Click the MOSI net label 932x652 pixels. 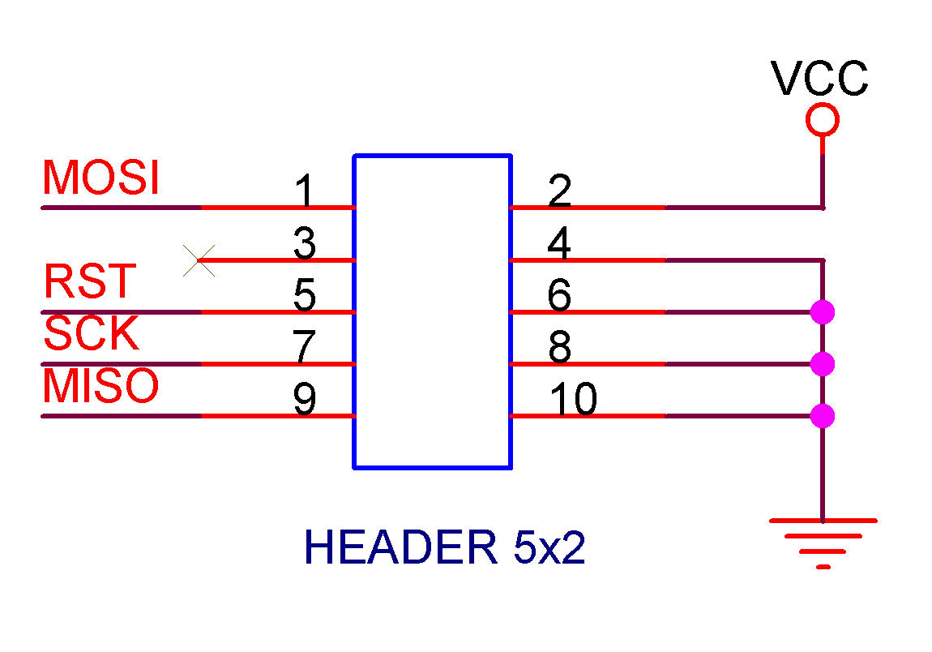pos(100,178)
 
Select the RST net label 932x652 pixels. pos(89,282)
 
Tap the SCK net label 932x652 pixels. pos(91,333)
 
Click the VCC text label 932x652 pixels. pos(819,79)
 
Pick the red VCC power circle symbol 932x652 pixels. pos(823,121)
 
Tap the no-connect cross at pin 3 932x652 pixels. pos(199,260)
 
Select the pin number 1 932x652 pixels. pos(304,193)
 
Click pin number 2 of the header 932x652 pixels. pos(559,191)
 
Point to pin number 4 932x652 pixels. pos(559,244)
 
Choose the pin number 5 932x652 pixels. pos(304,296)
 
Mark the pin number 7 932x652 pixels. pos(304,348)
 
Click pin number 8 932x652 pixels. pos(559,348)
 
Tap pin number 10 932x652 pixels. pos(573,399)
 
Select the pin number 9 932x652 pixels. pos(304,400)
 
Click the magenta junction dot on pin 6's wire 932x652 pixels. pos(823,311)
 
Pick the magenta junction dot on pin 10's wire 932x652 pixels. pos(823,416)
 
